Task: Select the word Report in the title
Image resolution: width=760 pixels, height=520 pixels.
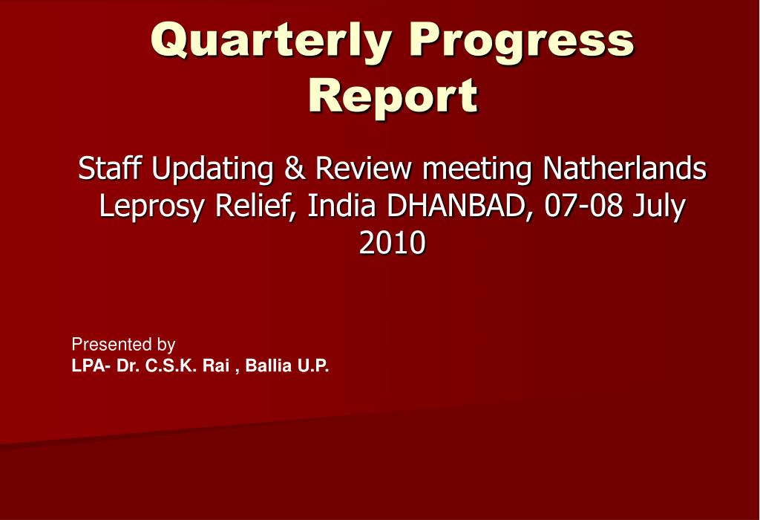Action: [x=393, y=96]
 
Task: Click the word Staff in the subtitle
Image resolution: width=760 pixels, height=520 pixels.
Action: [x=111, y=169]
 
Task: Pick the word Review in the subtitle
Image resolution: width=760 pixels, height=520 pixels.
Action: [x=362, y=169]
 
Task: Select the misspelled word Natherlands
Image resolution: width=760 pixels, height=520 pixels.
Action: [x=624, y=169]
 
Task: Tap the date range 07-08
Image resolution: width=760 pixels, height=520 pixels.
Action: [x=584, y=206]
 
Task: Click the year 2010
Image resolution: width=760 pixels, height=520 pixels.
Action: [x=393, y=242]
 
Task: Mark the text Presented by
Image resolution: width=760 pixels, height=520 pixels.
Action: [x=123, y=345]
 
